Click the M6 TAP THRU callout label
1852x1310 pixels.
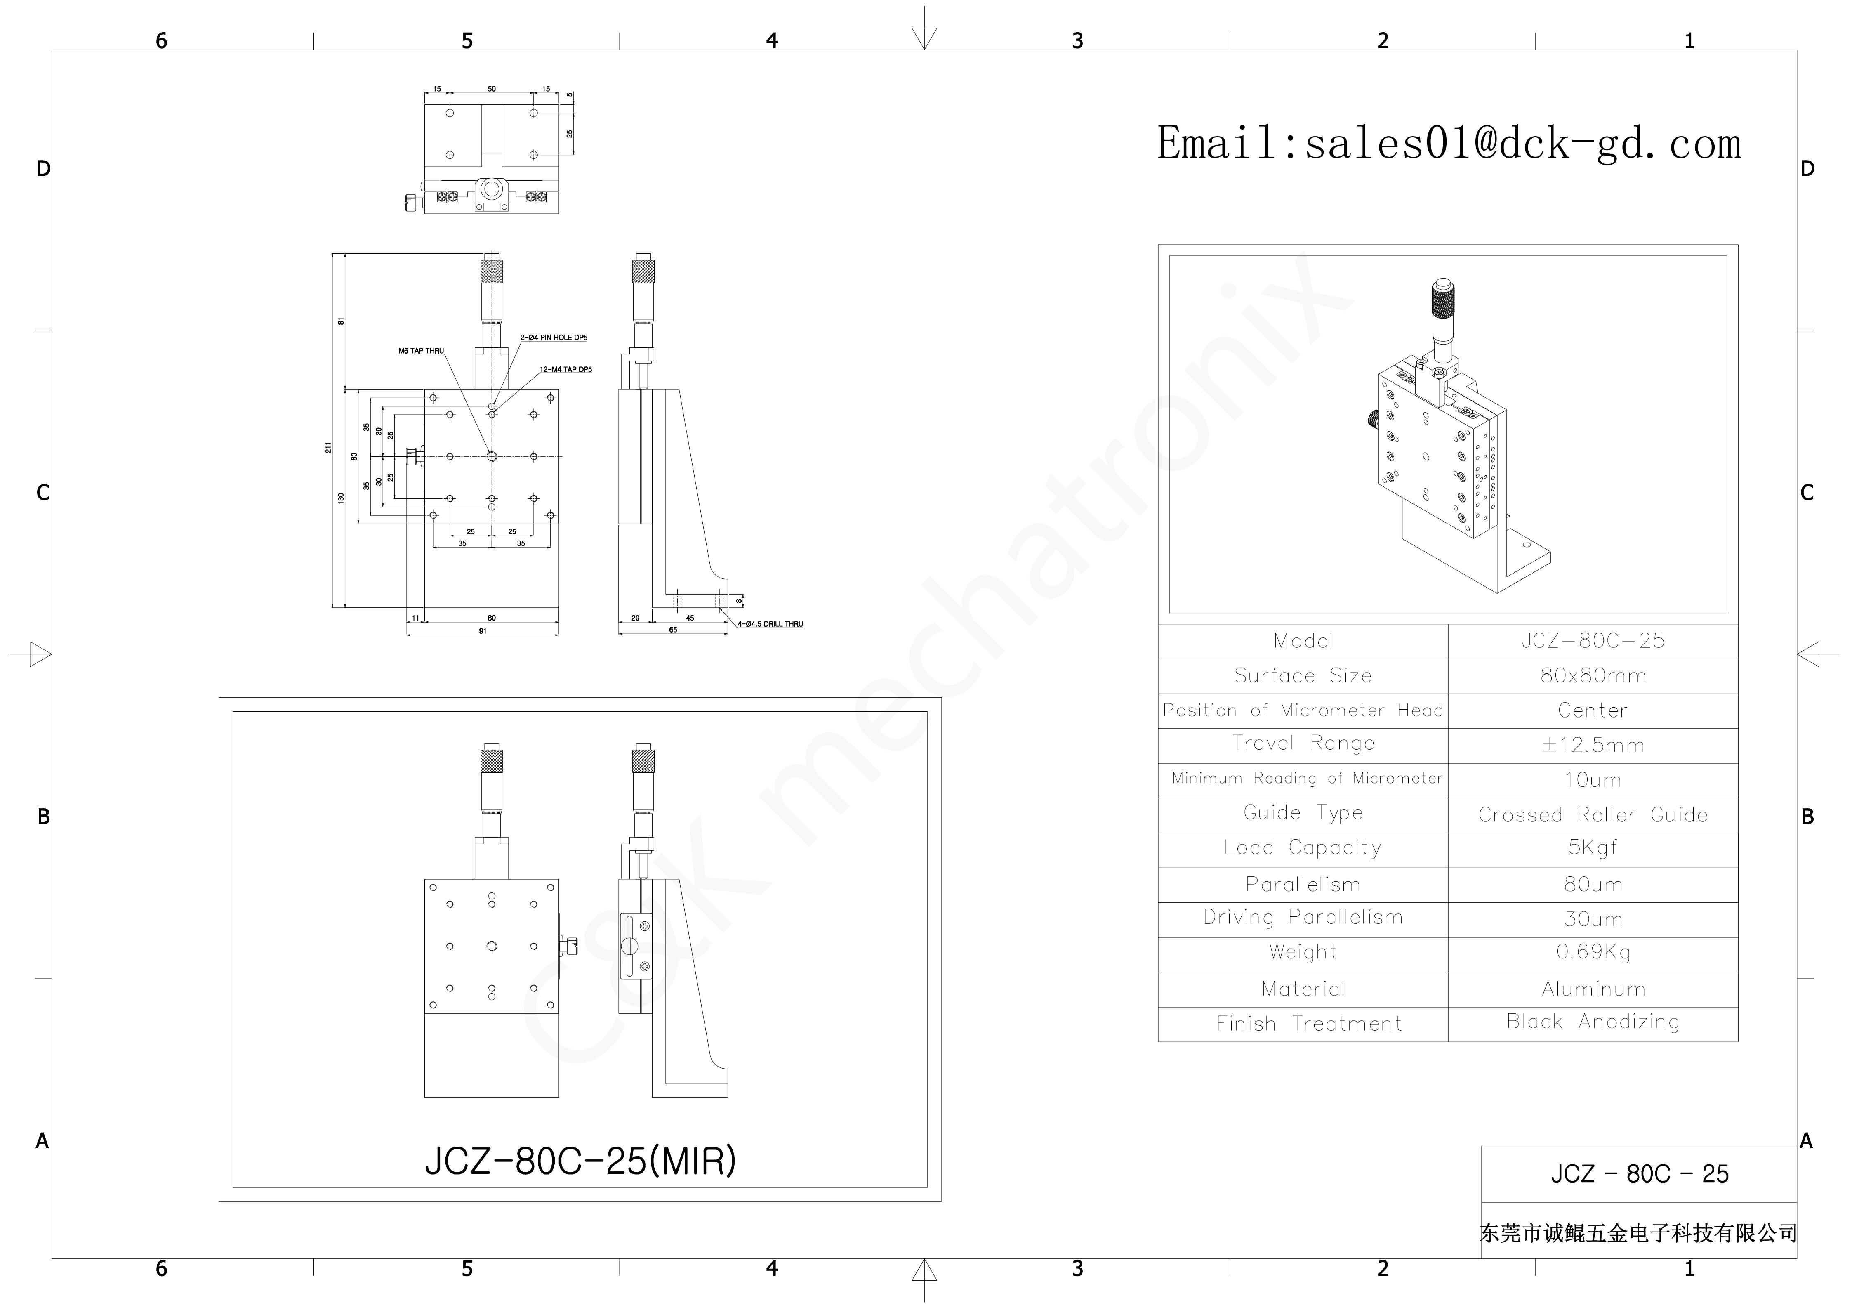[421, 351]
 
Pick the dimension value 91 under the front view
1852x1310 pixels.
[482, 631]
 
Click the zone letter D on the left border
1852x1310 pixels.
[44, 169]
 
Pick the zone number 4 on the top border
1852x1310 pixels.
[772, 40]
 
